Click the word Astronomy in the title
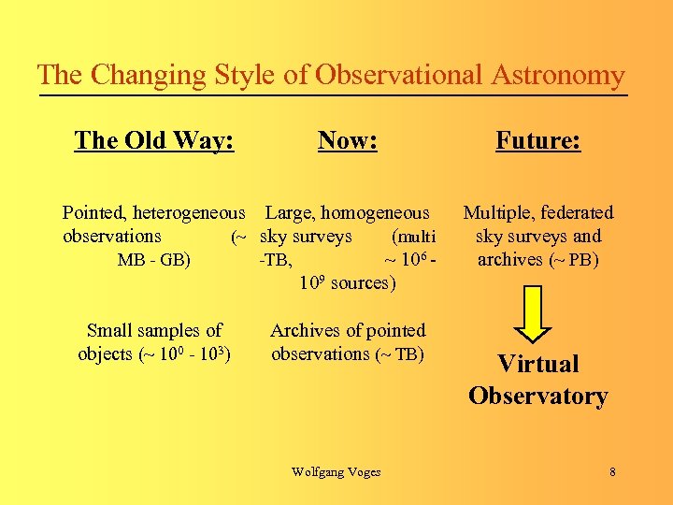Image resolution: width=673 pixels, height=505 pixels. tap(555, 75)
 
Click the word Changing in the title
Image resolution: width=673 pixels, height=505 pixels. tap(140, 75)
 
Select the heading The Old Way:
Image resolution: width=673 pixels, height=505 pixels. tap(154, 140)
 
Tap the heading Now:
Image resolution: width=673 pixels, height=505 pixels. tap(348, 140)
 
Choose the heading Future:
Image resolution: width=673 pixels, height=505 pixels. tap(538, 140)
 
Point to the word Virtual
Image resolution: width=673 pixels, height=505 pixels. tap(538, 364)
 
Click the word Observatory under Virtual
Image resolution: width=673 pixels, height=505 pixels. tap(538, 396)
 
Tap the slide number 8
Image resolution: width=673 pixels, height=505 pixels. tap(612, 471)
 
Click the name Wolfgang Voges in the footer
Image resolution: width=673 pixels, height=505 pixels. tap(336, 471)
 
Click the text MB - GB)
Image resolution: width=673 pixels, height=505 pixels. tap(154, 260)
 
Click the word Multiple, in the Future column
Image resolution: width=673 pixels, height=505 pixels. tap(498, 213)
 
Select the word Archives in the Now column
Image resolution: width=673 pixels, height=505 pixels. tap(303, 330)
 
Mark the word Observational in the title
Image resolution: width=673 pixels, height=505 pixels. tap(399, 75)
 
